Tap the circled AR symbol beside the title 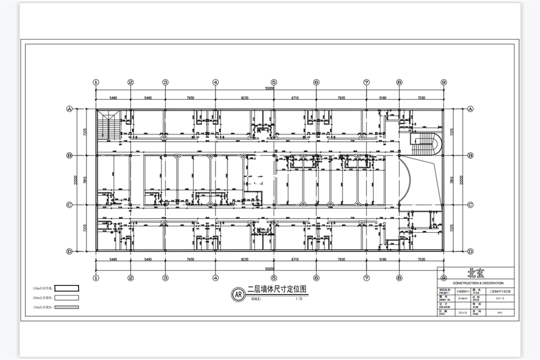click(238, 294)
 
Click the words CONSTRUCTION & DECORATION click(475, 283)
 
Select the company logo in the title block click(475, 274)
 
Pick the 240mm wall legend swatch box click(67, 287)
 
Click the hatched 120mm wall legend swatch click(67, 307)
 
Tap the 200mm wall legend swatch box click(67, 297)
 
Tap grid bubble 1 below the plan click(95, 278)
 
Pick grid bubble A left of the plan click(69, 109)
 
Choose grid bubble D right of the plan click(470, 251)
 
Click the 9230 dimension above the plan click(245, 97)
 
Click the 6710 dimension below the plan click(295, 260)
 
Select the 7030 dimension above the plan click(421, 97)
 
